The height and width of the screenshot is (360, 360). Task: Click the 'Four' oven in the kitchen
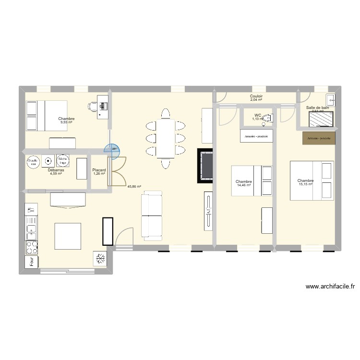click(32, 262)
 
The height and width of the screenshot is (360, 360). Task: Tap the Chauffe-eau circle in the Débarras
click(33, 161)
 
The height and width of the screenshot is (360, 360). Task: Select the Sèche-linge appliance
click(62, 161)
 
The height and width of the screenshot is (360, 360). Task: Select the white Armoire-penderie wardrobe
click(256, 136)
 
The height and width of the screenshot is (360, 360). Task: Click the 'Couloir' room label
click(256, 96)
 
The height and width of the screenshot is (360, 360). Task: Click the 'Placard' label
click(99, 169)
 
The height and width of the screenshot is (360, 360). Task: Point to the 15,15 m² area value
click(305, 184)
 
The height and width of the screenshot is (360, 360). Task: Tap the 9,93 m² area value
click(66, 122)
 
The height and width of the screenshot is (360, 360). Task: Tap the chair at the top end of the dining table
click(166, 114)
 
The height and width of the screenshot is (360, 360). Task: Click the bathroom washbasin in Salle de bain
click(330, 100)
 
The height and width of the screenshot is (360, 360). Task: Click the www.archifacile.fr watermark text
click(330, 287)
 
